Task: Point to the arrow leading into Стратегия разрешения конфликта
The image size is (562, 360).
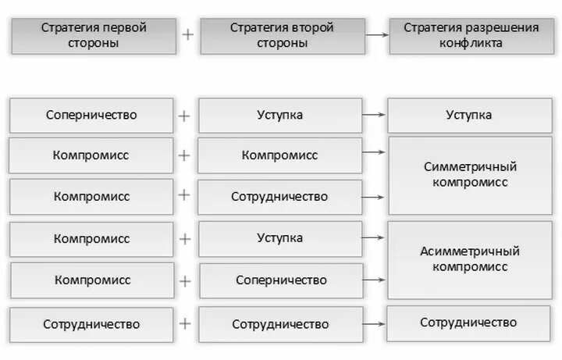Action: pos(377,36)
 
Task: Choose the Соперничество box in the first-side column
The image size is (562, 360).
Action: pos(91,116)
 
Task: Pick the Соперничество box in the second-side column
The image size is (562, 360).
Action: pos(281,280)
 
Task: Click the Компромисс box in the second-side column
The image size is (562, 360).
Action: pos(280,155)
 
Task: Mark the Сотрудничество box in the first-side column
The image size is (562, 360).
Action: pos(91,324)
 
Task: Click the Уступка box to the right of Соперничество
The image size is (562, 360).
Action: pos(280,116)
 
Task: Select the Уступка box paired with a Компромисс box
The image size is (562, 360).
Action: pos(280,238)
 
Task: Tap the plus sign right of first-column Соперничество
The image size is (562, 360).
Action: pos(184,116)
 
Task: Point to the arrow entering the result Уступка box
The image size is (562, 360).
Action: pos(375,116)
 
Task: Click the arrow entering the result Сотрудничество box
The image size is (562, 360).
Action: pos(375,323)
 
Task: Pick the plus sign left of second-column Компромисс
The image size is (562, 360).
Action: pos(184,155)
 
